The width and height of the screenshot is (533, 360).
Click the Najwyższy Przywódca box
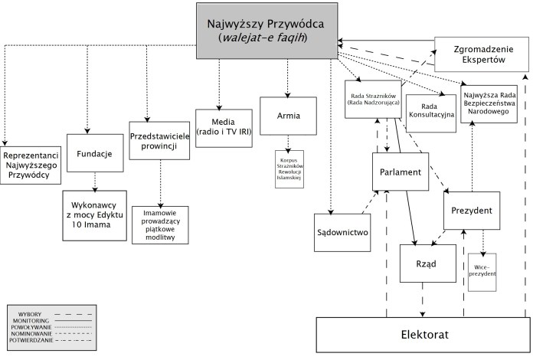point(266,29)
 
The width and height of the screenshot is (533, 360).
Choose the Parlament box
point(400,172)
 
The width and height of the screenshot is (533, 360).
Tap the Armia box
point(287,116)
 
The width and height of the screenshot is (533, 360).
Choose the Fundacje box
point(96,154)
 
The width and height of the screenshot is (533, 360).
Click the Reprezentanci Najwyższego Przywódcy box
point(31,165)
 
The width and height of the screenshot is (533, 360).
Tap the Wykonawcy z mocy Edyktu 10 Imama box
point(94,216)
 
